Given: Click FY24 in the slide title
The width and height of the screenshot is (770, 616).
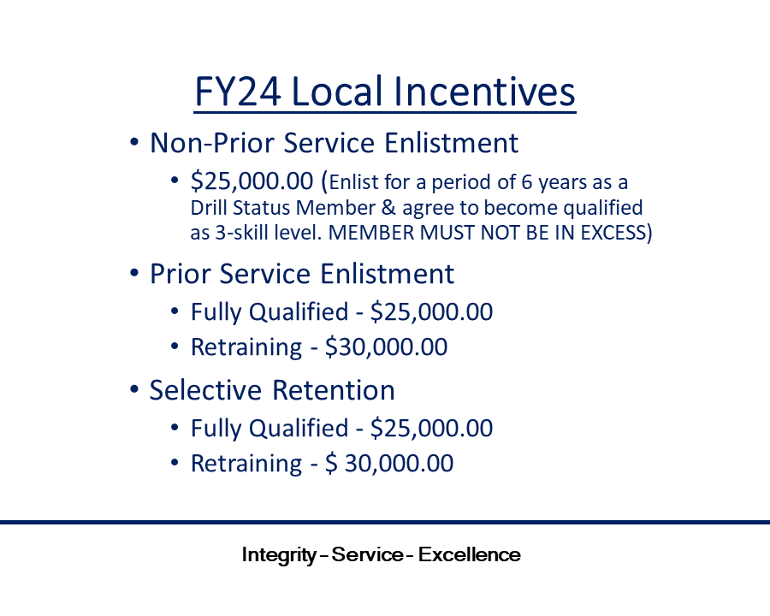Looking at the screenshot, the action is (x=238, y=92).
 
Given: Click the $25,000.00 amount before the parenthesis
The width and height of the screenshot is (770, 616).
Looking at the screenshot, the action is (x=252, y=181).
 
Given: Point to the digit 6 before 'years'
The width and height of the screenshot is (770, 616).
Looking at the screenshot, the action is (x=526, y=182).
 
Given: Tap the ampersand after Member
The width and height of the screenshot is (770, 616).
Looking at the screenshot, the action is (x=388, y=207).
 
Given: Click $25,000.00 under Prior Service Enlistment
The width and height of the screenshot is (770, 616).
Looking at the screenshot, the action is (x=432, y=312).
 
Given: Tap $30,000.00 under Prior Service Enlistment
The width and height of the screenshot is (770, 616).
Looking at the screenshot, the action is (x=386, y=346).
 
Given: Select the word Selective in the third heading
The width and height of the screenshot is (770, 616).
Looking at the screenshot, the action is (x=205, y=390).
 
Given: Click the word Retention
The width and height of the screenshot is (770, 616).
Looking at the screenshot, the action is (x=334, y=390).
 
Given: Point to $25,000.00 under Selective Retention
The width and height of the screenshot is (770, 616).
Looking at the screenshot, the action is (x=432, y=428).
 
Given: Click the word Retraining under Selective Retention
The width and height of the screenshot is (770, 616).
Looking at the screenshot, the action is (x=246, y=464).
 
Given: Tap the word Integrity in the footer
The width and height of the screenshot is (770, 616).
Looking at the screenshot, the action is (x=279, y=555).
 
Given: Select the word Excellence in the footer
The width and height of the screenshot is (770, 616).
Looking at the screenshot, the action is (x=470, y=554).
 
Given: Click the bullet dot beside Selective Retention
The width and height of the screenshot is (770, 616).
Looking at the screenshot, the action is (x=134, y=389).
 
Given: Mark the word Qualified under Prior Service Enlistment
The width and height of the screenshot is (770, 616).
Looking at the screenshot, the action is (x=299, y=312).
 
